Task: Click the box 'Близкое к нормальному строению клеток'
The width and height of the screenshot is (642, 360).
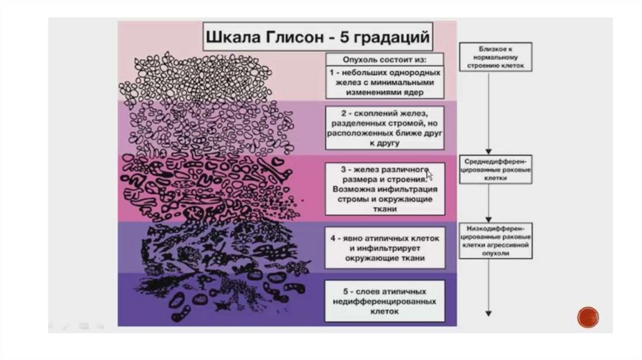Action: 496,56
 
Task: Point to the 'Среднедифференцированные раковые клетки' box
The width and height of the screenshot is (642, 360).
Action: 495,169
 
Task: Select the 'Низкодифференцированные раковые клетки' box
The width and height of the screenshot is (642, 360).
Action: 495,241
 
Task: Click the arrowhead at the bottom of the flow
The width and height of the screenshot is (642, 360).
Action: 489,313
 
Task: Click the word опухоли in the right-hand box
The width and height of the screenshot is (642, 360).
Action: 495,255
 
